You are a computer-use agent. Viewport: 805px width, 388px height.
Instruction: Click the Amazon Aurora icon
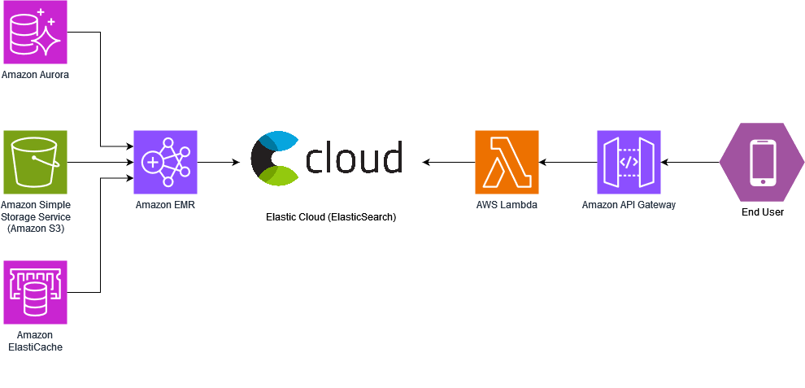(x=35, y=32)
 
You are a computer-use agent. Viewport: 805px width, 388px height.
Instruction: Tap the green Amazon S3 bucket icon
(x=35, y=162)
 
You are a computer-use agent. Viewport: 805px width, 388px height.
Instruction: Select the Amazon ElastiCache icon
(x=35, y=292)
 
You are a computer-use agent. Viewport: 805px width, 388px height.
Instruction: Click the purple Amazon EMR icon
(x=165, y=162)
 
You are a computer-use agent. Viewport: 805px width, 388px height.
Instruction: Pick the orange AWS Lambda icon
(x=507, y=162)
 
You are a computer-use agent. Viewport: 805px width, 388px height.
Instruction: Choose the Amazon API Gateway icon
(x=629, y=162)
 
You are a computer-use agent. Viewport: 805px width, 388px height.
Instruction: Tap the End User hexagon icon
(x=762, y=162)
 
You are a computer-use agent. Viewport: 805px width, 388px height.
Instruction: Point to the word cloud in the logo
(x=355, y=158)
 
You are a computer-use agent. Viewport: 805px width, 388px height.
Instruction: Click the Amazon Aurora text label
(x=35, y=75)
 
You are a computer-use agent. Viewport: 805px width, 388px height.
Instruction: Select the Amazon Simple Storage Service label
(x=35, y=217)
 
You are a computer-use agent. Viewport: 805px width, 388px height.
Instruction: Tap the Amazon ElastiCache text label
(x=35, y=341)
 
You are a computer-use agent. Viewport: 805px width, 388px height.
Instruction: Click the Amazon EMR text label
(x=165, y=205)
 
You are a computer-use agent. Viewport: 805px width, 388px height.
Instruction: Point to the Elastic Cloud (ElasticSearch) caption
(x=331, y=218)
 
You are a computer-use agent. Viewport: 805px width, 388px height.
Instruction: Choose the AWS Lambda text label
(x=507, y=205)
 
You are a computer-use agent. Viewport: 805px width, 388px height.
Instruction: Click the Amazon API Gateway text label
(x=629, y=205)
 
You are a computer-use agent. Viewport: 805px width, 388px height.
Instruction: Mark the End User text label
(x=762, y=212)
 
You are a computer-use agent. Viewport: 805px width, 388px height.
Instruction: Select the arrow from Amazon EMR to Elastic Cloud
(x=218, y=162)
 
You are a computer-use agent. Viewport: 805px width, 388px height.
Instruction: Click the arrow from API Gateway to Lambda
(x=568, y=162)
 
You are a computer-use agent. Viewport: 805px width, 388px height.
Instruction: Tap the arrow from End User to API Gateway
(x=690, y=162)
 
